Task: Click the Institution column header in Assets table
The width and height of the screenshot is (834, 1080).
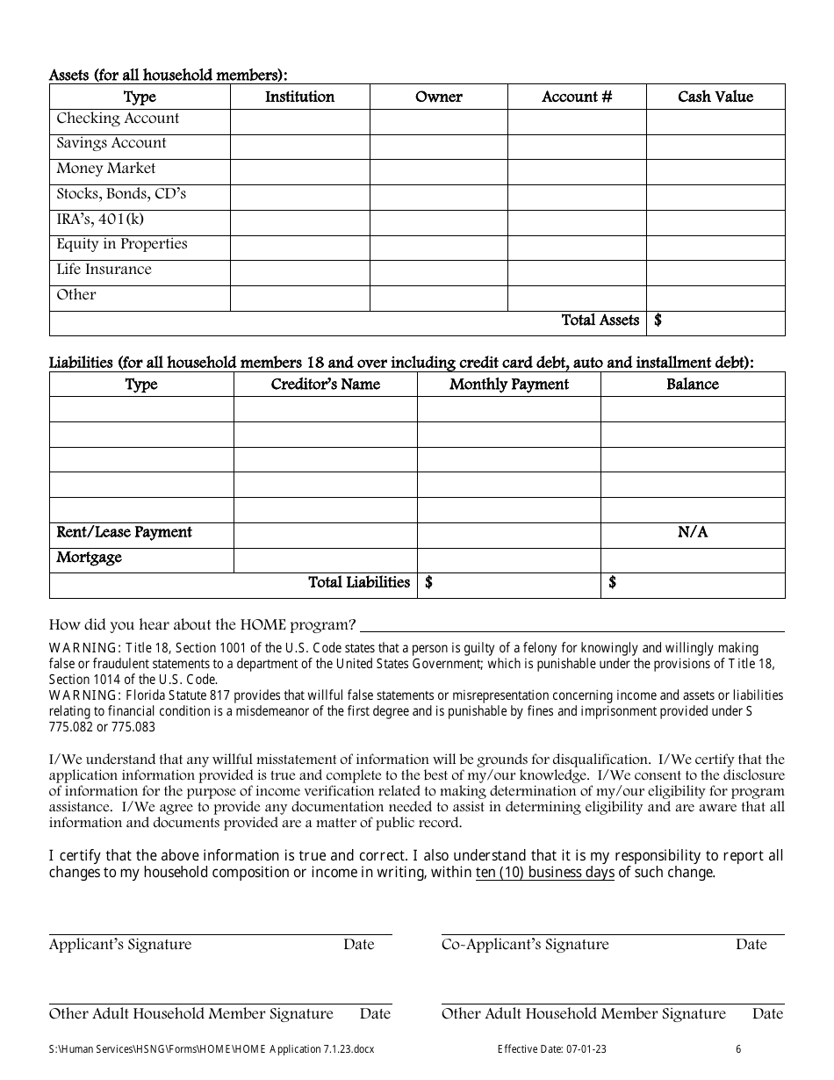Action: [299, 97]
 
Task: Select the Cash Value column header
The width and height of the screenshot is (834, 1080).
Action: [715, 97]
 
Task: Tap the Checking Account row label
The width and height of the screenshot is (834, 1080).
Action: [118, 119]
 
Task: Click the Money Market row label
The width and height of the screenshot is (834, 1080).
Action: [105, 169]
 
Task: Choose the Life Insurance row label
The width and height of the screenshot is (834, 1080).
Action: [104, 270]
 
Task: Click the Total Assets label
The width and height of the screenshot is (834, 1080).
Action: [600, 320]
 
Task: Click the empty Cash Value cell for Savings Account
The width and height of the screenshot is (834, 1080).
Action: [715, 147]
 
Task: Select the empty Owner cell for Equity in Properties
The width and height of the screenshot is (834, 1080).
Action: [438, 248]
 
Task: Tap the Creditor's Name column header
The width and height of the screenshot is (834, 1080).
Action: [325, 385]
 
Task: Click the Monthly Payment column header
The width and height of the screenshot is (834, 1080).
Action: [508, 385]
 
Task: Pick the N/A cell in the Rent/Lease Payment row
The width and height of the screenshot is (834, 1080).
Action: [692, 532]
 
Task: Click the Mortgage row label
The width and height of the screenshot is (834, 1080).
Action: [89, 558]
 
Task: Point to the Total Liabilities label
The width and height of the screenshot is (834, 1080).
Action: [359, 582]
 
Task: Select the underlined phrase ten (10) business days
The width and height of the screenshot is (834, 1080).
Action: [544, 873]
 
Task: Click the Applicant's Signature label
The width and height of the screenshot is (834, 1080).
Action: [119, 945]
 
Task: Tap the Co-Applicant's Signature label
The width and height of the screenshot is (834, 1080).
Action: [524, 945]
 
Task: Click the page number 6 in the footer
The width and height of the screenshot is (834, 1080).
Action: [738, 1048]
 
